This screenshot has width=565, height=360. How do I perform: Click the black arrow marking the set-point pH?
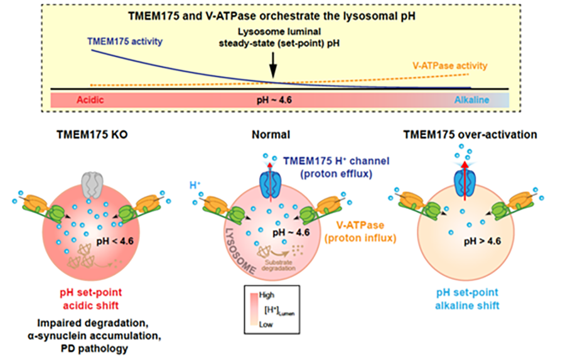(273, 65)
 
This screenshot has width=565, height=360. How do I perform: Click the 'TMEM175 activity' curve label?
(125, 41)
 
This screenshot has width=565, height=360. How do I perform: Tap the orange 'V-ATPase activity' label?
(450, 65)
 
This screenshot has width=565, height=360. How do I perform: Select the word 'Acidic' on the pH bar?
(90, 100)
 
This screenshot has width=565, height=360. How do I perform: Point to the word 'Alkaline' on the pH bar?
(471, 100)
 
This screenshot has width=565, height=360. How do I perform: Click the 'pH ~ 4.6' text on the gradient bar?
(274, 100)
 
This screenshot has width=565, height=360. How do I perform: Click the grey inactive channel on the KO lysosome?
(92, 185)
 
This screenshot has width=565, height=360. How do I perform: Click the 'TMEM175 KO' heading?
(92, 134)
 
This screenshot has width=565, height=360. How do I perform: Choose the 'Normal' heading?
(271, 134)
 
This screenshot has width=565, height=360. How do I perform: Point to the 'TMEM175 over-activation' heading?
(470, 134)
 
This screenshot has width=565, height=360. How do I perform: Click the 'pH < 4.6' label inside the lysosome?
(115, 241)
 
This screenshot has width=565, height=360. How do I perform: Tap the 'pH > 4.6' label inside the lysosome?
(482, 241)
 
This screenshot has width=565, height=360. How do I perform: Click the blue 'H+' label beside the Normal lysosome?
(195, 185)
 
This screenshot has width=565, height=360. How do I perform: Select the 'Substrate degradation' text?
(279, 266)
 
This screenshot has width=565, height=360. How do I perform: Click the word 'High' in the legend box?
(267, 295)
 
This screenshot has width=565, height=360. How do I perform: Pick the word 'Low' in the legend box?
(266, 325)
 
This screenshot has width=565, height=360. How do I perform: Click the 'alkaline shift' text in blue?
(467, 306)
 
